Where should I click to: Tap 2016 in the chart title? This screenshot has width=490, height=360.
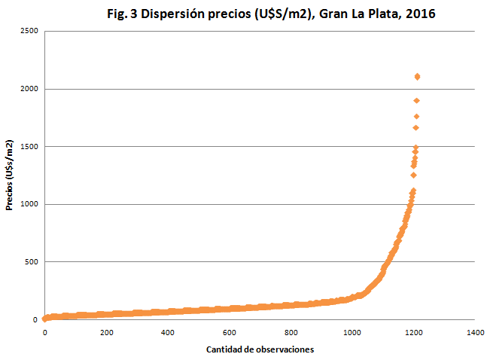point(418,14)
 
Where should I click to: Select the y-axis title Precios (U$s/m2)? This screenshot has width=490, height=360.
point(10,175)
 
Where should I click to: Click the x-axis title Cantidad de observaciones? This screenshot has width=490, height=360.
point(260,349)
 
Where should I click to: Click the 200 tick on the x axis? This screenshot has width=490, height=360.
point(106,333)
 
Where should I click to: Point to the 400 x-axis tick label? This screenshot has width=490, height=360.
point(168,333)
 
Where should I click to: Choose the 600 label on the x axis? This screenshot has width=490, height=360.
point(229,333)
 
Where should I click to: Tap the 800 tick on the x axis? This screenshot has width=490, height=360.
point(291,333)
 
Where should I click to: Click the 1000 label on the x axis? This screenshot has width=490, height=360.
point(352,333)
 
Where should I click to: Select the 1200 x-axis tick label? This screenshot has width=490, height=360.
point(413,333)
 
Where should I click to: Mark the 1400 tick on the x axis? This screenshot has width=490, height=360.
point(474,333)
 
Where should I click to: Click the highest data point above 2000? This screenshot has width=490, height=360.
point(417,76)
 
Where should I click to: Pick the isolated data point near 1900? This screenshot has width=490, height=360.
point(416,100)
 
